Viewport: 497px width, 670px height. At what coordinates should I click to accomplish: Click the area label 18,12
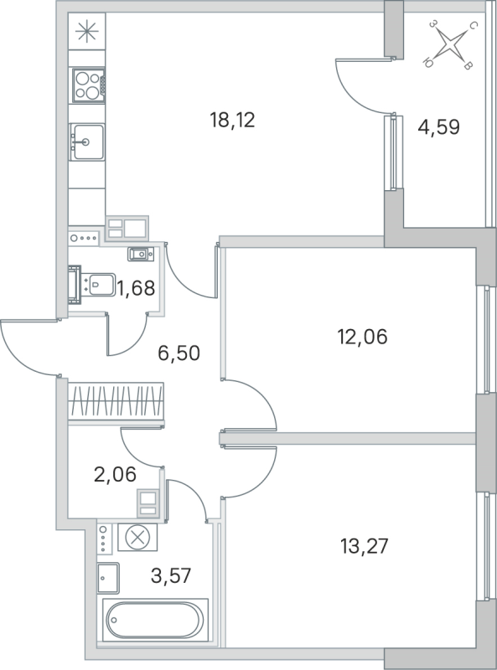coord(231,120)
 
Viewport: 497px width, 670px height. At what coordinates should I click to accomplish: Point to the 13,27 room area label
coord(365,547)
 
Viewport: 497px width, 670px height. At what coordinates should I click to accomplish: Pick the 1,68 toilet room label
coord(136,290)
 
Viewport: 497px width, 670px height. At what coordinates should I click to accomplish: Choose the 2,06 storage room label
coord(115,477)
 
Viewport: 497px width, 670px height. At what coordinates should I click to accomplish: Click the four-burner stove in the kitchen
coord(86,83)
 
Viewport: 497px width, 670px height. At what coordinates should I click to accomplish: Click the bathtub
coord(153,621)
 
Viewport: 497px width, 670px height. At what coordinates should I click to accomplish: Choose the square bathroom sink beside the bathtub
coord(109,576)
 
